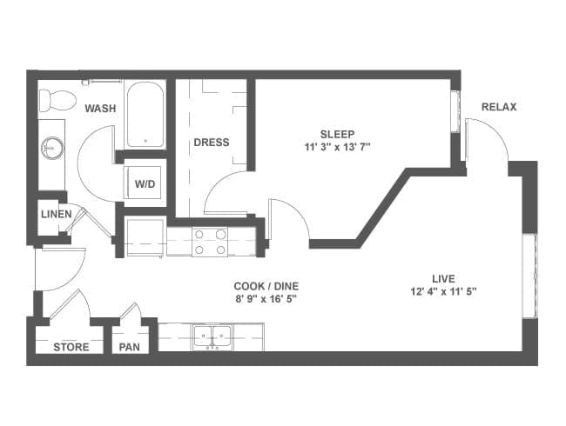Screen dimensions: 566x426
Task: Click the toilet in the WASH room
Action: pos(57,100)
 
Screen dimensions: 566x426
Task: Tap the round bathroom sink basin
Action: pos(53,148)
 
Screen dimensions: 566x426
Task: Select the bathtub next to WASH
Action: pos(145,114)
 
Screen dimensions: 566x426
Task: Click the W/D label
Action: pos(145,184)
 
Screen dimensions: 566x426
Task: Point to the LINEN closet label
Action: pos(57,214)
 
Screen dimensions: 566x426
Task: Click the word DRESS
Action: pos(212,143)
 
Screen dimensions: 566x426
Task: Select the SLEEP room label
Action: pos(338,134)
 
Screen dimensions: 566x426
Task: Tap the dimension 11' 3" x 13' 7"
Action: pos(338,147)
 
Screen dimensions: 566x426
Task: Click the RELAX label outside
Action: pos(499,107)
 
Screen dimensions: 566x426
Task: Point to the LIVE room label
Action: pos(443,278)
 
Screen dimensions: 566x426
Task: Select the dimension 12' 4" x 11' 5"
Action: pos(443,291)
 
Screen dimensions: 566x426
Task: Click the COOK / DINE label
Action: pos(266,286)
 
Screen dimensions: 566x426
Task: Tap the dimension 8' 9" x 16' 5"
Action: pos(266,299)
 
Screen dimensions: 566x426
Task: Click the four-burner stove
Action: pos(210,243)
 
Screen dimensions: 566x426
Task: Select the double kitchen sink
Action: pos(212,337)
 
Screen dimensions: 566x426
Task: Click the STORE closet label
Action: pos(71,347)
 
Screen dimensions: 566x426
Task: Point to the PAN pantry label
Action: pos(129,347)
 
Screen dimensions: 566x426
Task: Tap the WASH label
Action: pos(100,108)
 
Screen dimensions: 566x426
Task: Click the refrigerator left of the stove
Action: pos(145,236)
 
